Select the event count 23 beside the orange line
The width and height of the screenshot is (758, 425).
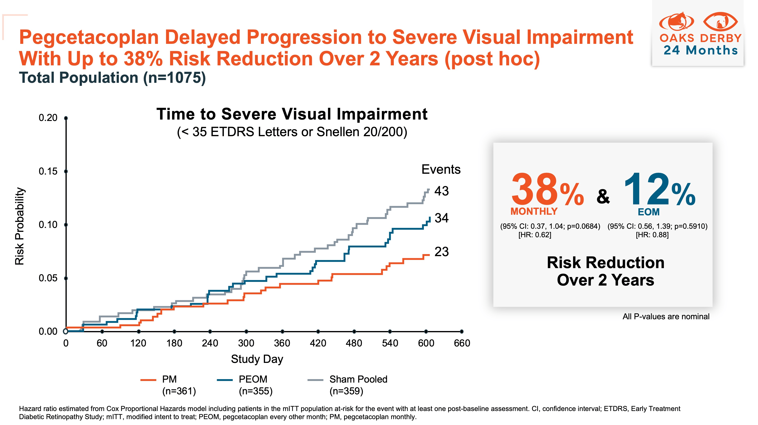click(441, 252)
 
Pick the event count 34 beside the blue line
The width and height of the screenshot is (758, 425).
click(441, 218)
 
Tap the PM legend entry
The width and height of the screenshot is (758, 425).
click(169, 379)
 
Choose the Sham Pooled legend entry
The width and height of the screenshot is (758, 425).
click(358, 379)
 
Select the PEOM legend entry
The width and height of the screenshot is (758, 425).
click(253, 379)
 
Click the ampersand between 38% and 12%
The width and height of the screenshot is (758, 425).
click(603, 196)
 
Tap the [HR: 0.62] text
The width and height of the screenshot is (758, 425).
click(535, 235)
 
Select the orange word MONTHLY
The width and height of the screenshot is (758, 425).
click(534, 211)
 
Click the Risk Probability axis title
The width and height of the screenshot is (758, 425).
click(19, 226)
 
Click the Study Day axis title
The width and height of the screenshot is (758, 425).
click(257, 359)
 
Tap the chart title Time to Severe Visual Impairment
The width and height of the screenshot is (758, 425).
click(292, 114)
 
